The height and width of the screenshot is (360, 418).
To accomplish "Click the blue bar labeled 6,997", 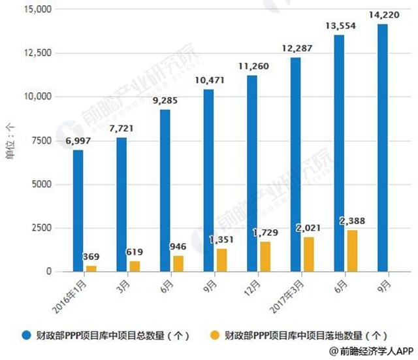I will click(78, 210).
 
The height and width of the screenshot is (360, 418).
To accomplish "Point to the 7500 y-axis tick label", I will click(39, 140).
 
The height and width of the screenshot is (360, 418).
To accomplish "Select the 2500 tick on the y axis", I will click(39, 228).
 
